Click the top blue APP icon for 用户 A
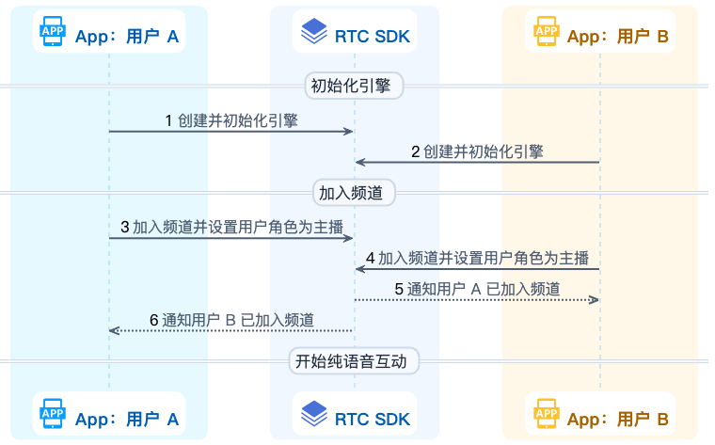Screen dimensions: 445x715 pyautogui.click(x=53, y=35)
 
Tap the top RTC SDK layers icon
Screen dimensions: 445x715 pyautogui.click(x=313, y=35)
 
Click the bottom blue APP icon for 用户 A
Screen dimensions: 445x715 pyautogui.click(x=53, y=413)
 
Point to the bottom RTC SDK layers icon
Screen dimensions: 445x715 pyautogui.click(x=313, y=413)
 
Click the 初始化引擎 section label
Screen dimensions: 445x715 pyautogui.click(x=355, y=86)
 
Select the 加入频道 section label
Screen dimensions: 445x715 pyautogui.click(x=355, y=193)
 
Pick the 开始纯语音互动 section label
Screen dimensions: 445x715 pyautogui.click(x=355, y=361)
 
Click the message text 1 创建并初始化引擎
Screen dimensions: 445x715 pyautogui.click(x=232, y=120)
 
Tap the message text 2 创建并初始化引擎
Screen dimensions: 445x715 pyautogui.click(x=477, y=151)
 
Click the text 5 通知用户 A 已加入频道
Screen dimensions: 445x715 pyautogui.click(x=477, y=288)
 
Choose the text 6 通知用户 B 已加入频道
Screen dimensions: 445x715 pyautogui.click(x=232, y=319)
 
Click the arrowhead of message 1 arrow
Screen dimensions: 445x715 pyautogui.click(x=348, y=132)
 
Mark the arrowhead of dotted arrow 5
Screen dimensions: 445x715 pyautogui.click(x=595, y=300)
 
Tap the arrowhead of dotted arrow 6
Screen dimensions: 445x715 pyautogui.click(x=114, y=330)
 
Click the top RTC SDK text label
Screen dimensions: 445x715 pyautogui.click(x=373, y=36)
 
